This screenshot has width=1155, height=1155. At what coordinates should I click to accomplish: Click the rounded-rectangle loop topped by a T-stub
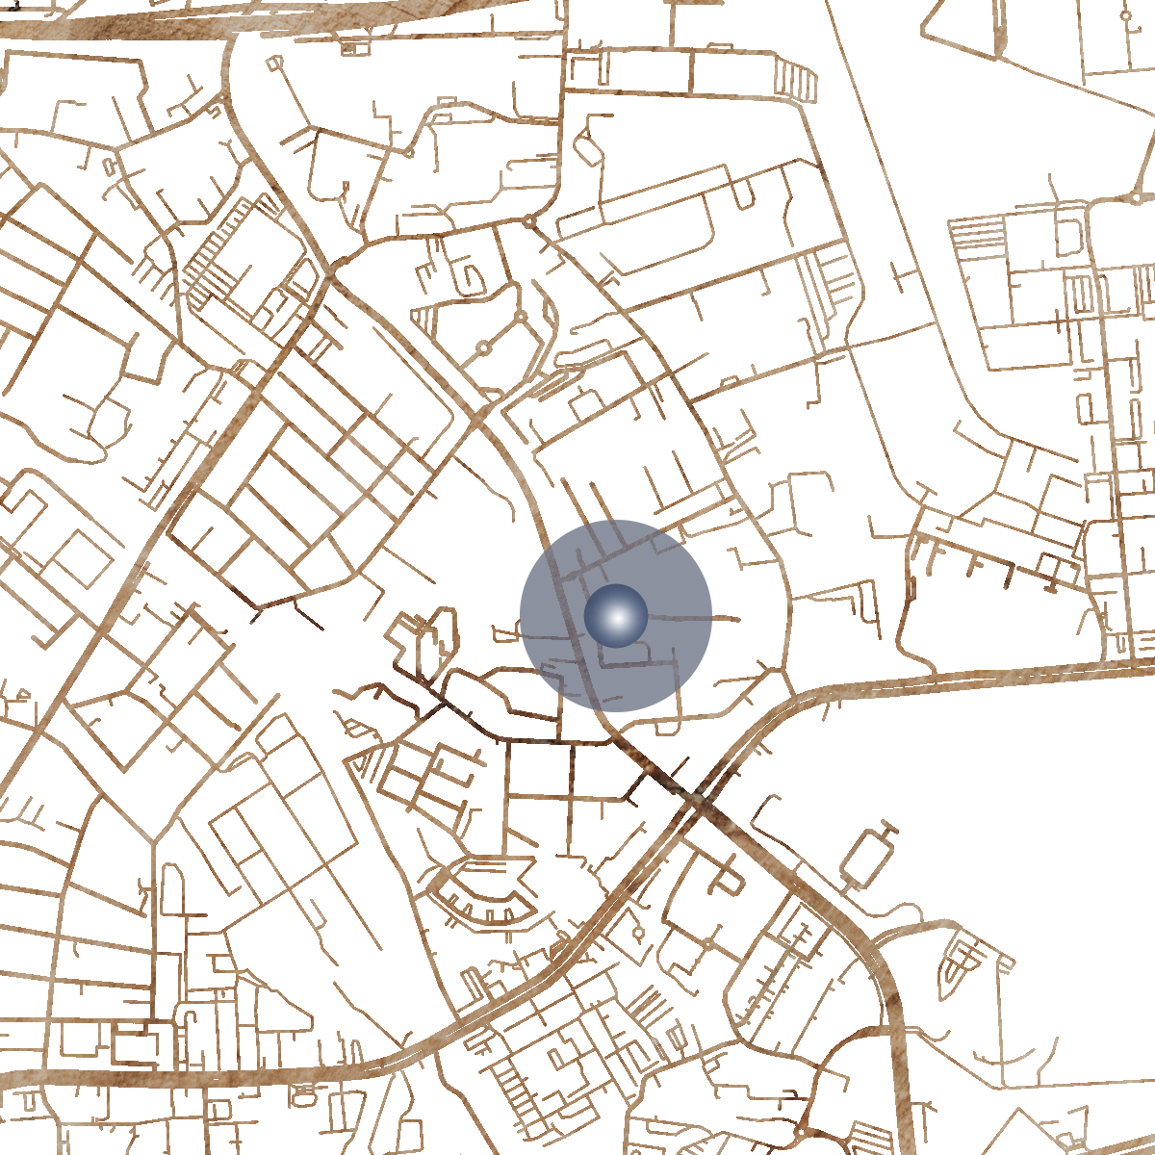point(866,857)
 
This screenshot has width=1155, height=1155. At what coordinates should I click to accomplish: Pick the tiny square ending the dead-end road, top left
point(275,63)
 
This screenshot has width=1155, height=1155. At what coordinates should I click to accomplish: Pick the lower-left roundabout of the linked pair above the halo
point(484,347)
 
